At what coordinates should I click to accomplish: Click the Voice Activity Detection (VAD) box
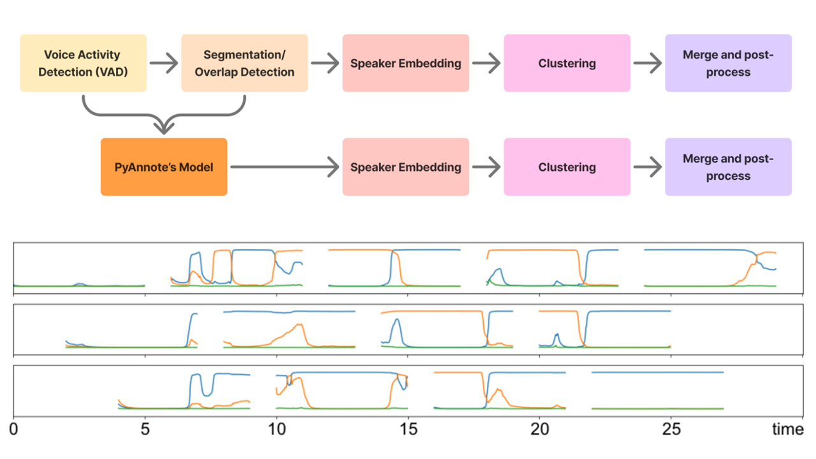click(83, 63)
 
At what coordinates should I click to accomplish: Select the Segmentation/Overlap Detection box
click(244, 63)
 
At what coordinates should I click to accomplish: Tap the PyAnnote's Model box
click(164, 167)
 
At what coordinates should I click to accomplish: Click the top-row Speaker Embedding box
click(405, 63)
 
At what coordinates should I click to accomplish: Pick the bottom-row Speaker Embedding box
click(405, 167)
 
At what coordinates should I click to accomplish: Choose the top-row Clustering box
click(567, 63)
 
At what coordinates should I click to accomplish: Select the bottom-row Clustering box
click(567, 167)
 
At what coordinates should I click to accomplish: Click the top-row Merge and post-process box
click(728, 63)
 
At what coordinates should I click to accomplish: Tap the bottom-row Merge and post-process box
click(728, 167)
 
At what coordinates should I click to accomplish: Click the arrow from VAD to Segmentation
click(164, 63)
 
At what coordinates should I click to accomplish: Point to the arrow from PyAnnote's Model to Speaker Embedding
click(284, 167)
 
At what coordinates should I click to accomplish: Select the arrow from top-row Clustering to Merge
click(648, 63)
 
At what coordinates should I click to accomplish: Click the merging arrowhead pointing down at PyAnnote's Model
click(164, 127)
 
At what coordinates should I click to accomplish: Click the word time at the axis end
click(787, 429)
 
